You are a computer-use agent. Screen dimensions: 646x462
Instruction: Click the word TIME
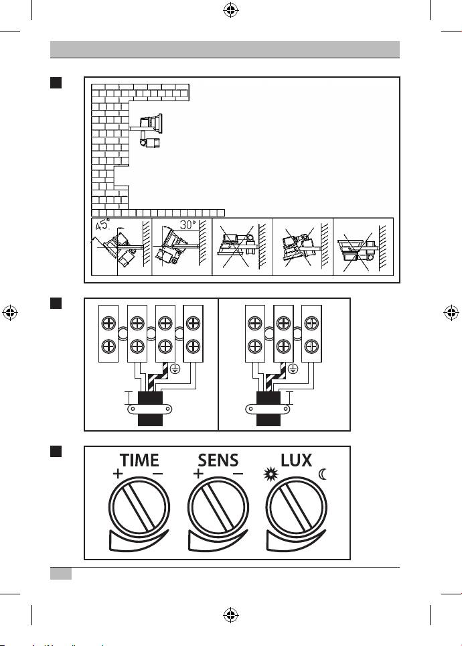(139, 461)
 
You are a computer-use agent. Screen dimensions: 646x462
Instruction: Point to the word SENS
(219, 461)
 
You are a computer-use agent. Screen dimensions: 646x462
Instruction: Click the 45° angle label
(103, 225)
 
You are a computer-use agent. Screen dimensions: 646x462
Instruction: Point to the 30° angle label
(188, 224)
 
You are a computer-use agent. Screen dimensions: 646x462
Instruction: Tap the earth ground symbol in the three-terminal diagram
(293, 367)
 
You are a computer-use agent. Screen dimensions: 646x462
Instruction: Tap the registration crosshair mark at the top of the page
(230, 11)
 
